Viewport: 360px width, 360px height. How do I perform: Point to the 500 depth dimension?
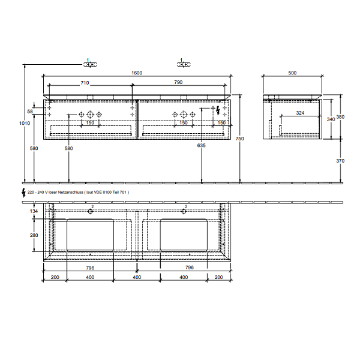tap(292, 73)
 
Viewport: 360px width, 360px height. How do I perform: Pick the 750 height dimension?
tap(240, 139)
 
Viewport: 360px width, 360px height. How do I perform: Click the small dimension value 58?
tap(29, 112)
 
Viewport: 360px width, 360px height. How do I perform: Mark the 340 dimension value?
tap(329, 119)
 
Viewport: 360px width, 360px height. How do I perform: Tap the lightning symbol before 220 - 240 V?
tap(23, 192)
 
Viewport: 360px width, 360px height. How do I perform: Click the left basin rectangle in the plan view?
tap(89, 235)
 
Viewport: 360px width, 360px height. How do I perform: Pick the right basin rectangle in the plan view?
tap(184, 235)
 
